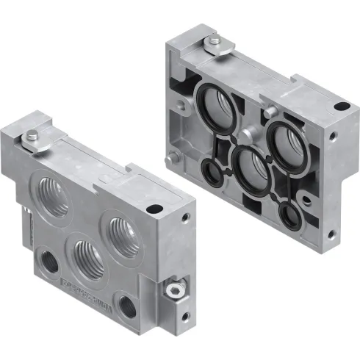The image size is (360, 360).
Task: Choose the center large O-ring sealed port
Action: coord(248,165)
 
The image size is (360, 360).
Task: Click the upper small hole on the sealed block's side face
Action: coord(335,137)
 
